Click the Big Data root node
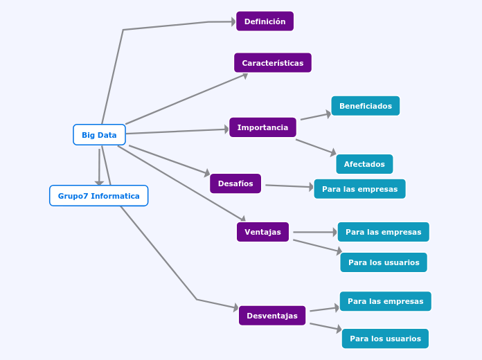pyautogui.click(x=99, y=135)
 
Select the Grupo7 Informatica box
pyautogui.click(x=98, y=196)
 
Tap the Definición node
pyautogui.click(x=265, y=21)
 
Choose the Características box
pyautogui.click(x=272, y=63)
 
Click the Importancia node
pyautogui.click(x=262, y=127)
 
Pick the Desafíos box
pyautogui.click(x=235, y=183)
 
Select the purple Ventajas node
pyautogui.click(x=262, y=232)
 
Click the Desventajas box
pyautogui.click(x=272, y=316)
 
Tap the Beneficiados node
pyautogui.click(x=365, y=106)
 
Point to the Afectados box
pyautogui.click(x=364, y=164)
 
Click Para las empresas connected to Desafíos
pyautogui.click(x=359, y=189)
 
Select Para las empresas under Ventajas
pyautogui.click(x=383, y=232)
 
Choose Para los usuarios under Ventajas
pyautogui.click(x=384, y=262)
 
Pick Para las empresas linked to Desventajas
pyautogui.click(x=385, y=301)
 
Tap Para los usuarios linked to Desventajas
pyautogui.click(x=385, y=339)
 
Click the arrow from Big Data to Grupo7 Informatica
pyautogui.click(x=99, y=166)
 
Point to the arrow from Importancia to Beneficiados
pyautogui.click(x=315, y=116)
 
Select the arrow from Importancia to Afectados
pyautogui.click(x=316, y=147)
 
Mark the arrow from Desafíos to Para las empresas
pyautogui.click(x=289, y=186)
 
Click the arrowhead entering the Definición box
pyautogui.click(x=232, y=21)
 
